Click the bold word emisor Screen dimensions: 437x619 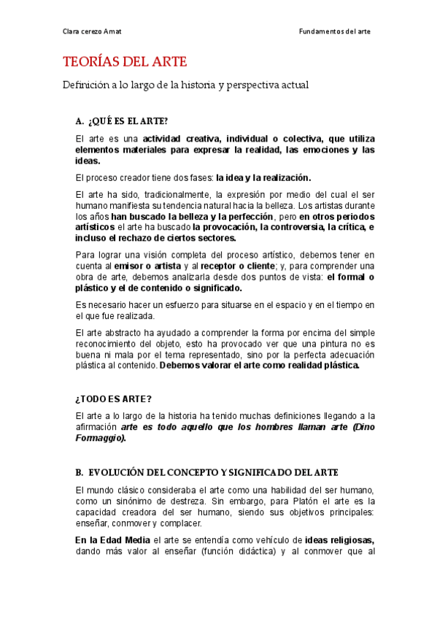pos(130,266)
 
